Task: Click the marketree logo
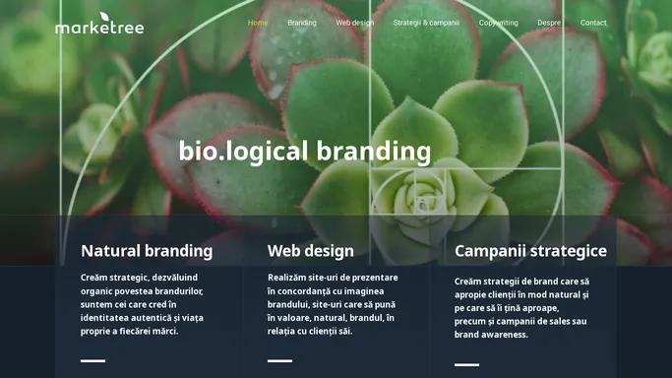(x=99, y=24)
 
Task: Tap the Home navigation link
(x=258, y=23)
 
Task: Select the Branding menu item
(x=302, y=23)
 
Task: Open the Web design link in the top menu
(x=355, y=23)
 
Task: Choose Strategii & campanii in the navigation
(x=426, y=23)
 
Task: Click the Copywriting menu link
(x=499, y=23)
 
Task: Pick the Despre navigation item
(x=549, y=23)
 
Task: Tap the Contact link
(x=593, y=23)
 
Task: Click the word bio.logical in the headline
(x=243, y=152)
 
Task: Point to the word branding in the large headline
(x=374, y=152)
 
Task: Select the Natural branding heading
(x=147, y=251)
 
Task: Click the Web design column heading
(x=311, y=251)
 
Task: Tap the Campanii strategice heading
(x=530, y=251)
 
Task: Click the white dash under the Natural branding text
(x=93, y=361)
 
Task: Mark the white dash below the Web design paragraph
(x=279, y=361)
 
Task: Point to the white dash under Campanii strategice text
(x=466, y=365)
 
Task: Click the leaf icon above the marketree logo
(x=104, y=17)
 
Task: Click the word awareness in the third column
(x=503, y=335)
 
